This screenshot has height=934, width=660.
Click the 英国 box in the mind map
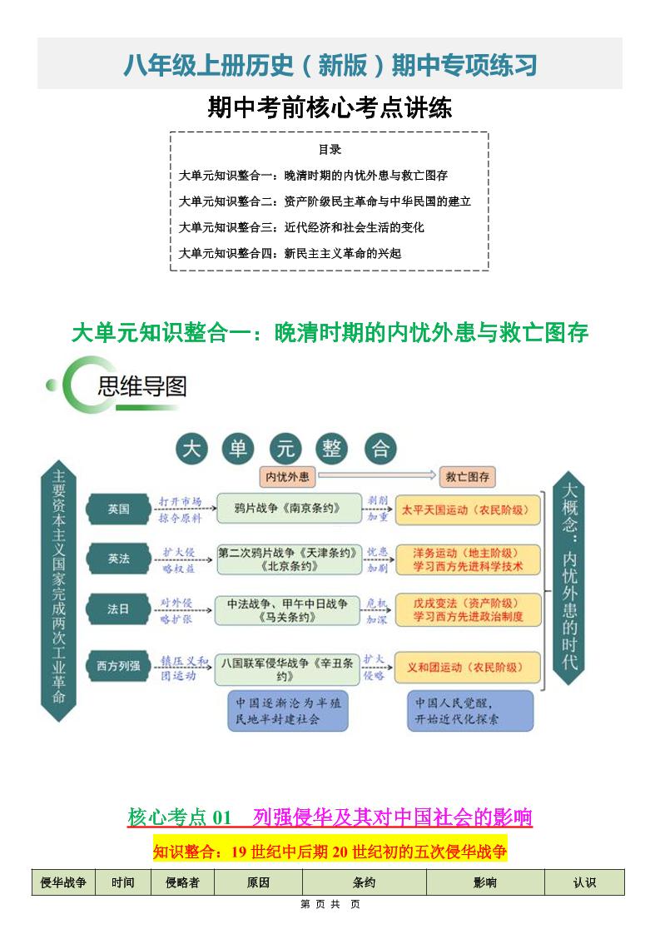(x=118, y=509)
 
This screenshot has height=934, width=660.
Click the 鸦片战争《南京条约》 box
(x=289, y=508)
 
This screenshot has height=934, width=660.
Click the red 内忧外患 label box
(x=287, y=477)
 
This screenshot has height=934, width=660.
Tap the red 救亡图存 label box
(x=468, y=477)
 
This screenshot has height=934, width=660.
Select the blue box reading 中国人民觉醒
(x=470, y=710)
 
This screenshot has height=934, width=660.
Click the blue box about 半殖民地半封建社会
(x=289, y=710)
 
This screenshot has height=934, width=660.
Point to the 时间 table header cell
(x=123, y=882)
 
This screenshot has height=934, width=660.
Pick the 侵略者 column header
(x=183, y=882)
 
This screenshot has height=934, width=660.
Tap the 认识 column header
(x=584, y=882)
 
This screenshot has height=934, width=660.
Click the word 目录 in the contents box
(x=330, y=150)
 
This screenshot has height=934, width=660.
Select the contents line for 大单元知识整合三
(x=301, y=227)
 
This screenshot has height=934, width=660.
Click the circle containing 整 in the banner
(x=332, y=449)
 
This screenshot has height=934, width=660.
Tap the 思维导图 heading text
(x=142, y=386)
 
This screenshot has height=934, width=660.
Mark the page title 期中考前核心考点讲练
(x=330, y=108)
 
